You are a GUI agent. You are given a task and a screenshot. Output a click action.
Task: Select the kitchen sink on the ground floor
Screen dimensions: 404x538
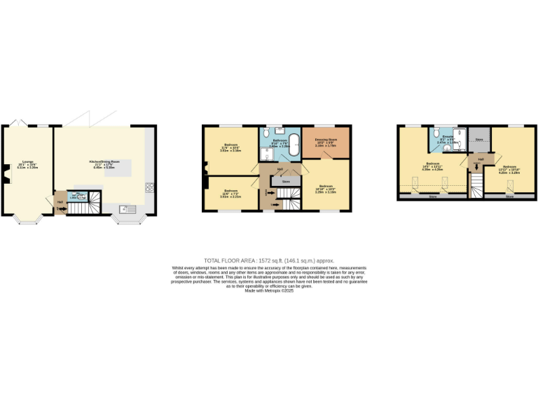click(124, 208)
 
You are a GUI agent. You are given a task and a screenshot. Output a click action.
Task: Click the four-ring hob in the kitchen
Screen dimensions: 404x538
click(149, 187)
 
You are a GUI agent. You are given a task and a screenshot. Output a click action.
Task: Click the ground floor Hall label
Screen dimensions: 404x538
click(60, 202)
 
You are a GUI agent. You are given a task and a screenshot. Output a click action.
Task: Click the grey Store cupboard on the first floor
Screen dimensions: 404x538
click(285, 182)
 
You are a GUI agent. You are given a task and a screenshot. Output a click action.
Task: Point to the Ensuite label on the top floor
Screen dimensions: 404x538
click(436, 140)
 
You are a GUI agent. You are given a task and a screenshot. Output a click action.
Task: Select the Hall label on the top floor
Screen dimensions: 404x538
click(481, 159)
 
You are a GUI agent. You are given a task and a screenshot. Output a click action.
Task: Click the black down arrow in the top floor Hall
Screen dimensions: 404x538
click(478, 168)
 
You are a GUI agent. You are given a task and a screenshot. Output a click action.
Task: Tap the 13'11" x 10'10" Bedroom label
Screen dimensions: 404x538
click(509, 169)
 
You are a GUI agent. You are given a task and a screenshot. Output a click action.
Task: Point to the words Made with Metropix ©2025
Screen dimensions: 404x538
click(269, 291)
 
